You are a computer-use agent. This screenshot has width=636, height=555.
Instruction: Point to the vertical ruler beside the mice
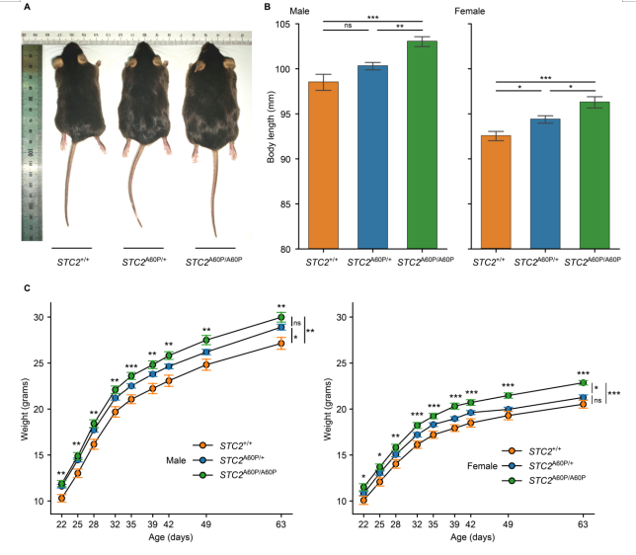(30, 138)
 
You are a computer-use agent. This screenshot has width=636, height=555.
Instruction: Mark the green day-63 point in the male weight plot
(281, 317)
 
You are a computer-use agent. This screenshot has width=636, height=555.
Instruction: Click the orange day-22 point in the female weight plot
(364, 500)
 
